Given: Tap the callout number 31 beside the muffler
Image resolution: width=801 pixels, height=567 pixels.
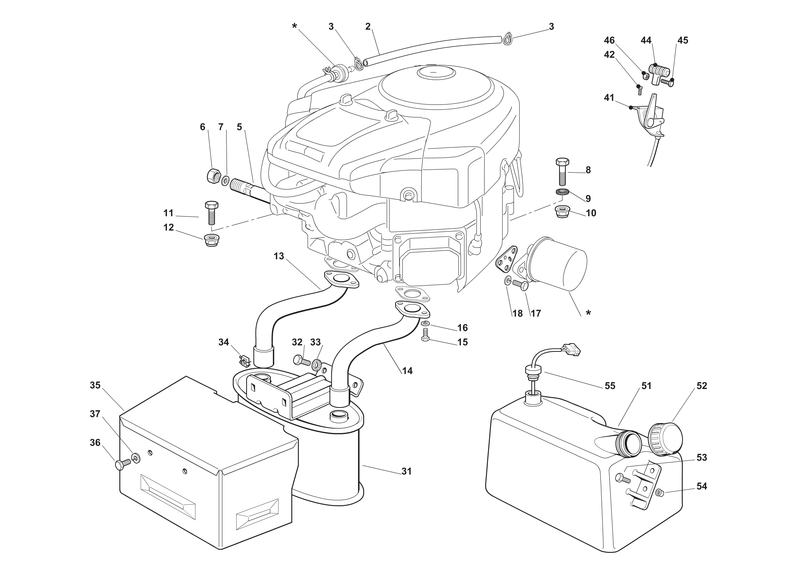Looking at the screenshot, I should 406,471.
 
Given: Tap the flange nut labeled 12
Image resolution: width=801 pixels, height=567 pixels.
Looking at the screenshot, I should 211,241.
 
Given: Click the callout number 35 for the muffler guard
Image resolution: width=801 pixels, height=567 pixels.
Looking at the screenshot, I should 95,385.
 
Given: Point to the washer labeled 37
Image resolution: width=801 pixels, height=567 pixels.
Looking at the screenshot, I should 136,458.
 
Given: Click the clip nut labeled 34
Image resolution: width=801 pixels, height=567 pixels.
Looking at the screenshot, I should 244,360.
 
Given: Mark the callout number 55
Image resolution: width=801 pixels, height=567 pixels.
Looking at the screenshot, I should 610,385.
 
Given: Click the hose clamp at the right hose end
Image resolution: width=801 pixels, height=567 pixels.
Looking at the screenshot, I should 507,39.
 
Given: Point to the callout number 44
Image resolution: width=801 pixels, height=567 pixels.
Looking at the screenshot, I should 646,41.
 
